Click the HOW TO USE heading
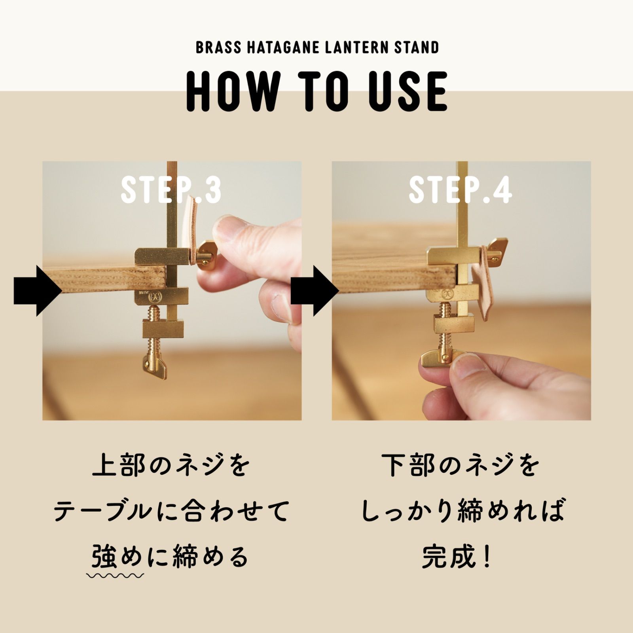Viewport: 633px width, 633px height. coord(317,91)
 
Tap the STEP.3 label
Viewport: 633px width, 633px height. coord(171,190)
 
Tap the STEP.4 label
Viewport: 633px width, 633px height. coord(460,190)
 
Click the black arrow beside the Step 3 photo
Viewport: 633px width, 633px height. coord(38,291)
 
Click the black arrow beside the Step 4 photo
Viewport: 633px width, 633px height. coord(315,291)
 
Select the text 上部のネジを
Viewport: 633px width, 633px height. coord(171,466)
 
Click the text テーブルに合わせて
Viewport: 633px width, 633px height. coord(171,511)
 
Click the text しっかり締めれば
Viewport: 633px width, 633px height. coord(462,511)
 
